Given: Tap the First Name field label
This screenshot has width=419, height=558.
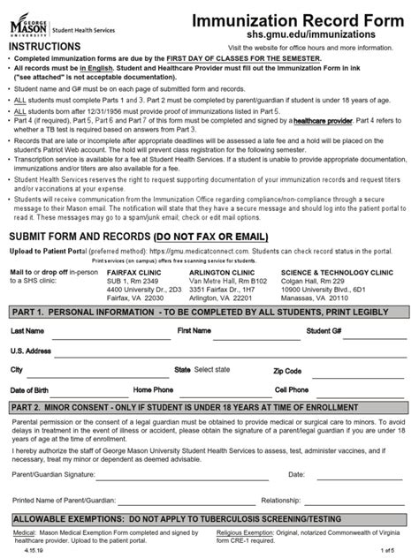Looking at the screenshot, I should pos(194,330).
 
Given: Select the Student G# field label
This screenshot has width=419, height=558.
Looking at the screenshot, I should pos(324,330).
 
